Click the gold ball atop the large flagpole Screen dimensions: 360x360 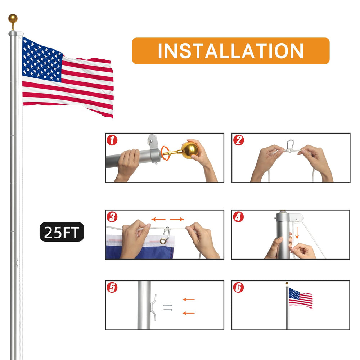[x=13, y=19]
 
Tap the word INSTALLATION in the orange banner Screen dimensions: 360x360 [x=231, y=51]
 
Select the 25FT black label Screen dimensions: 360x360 [x=62, y=232]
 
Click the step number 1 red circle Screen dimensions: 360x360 [x=112, y=140]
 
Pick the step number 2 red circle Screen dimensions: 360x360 [x=239, y=140]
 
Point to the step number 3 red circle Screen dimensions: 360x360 [x=112, y=217]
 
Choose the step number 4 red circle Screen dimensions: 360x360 [x=238, y=217]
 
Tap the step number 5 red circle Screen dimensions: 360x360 [x=112, y=287]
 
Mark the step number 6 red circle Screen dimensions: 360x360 [x=238, y=287]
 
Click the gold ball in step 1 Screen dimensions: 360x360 [x=190, y=150]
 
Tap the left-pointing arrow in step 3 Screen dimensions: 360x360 [x=158, y=219]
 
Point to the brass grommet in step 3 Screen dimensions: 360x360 [x=163, y=241]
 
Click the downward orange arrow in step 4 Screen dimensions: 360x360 [x=297, y=233]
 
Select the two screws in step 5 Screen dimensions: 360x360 [x=167, y=308]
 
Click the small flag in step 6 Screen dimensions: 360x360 [x=301, y=298]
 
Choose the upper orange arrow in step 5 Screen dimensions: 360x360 [x=189, y=300]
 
